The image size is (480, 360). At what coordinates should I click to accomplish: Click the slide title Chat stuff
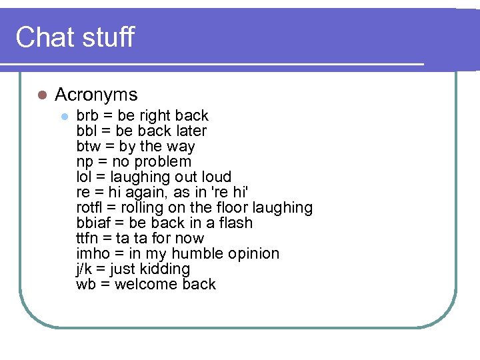point(75,37)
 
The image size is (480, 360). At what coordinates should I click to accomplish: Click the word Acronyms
point(96,95)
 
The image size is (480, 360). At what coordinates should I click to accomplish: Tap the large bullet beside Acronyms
point(41,95)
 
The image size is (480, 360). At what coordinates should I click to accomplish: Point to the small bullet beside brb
point(64,116)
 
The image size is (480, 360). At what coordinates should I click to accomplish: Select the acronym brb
point(87,116)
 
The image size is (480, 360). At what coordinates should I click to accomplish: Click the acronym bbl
point(87,131)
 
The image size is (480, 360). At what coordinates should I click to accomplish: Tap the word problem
point(163,162)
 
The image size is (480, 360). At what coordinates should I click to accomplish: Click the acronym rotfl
point(89,208)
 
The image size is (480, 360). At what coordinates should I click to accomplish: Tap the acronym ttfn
point(87,239)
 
